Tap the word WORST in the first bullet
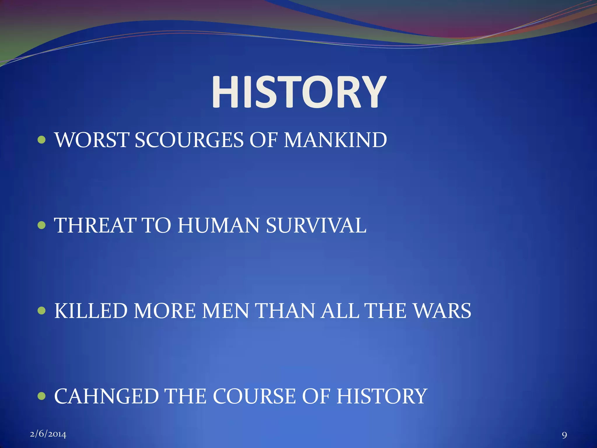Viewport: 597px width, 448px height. pos(92,140)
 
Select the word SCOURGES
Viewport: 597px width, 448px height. pos(189,140)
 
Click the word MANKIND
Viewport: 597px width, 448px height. pos(335,140)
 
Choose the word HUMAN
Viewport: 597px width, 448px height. pos(218,225)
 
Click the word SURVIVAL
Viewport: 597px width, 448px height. pos(316,225)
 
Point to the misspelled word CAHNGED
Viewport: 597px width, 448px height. pos(106,396)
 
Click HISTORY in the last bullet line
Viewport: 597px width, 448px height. pos(382,396)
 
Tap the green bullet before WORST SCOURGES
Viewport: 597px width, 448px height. pos(42,140)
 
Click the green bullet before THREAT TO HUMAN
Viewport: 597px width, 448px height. pos(42,225)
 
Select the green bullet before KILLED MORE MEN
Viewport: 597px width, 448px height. pos(42,311)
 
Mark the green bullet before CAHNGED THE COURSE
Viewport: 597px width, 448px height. pos(42,396)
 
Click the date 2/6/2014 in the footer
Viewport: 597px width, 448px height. pos(48,434)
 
